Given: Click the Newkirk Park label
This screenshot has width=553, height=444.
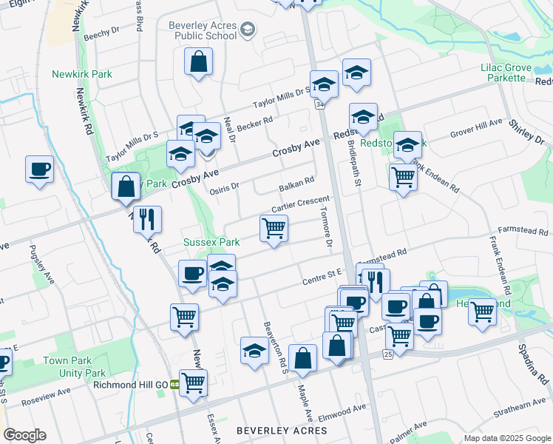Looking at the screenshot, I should [81, 74].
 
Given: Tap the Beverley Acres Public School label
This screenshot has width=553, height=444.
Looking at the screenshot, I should [203, 30].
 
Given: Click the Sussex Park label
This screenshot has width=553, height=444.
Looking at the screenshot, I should [211, 242].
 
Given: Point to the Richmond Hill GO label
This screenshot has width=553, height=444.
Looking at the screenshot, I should [130, 384].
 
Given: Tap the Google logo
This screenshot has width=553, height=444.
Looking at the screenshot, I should [24, 435].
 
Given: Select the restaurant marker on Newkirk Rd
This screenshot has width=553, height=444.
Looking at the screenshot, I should [148, 218].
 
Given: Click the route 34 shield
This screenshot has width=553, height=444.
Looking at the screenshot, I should [319, 105].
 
